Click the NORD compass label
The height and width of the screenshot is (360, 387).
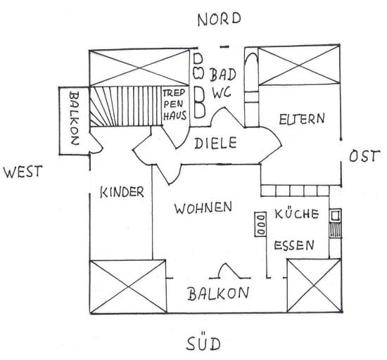(219, 19)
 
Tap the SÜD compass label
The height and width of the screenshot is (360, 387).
(203, 343)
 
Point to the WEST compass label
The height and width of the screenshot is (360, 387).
(23, 172)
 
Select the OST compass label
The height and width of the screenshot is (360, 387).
(364, 156)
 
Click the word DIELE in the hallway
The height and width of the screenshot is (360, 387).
(215, 143)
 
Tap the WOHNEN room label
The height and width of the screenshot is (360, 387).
(203, 208)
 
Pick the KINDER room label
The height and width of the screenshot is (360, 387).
(122, 192)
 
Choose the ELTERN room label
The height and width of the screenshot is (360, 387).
(302, 119)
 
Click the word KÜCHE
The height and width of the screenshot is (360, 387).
(296, 214)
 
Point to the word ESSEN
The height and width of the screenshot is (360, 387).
(294, 245)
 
